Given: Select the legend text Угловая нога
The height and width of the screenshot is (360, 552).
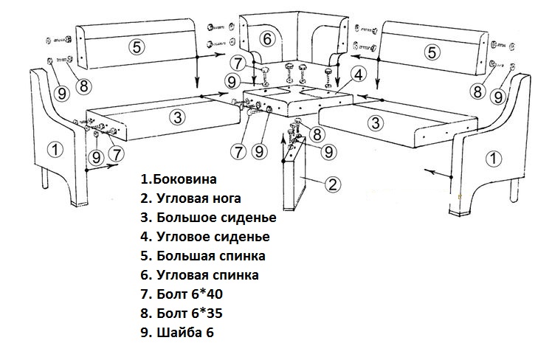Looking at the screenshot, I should pos(199,198).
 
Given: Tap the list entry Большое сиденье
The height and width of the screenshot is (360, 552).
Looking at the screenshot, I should pos(216,218).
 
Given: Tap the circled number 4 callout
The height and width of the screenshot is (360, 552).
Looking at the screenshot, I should pos(357,75).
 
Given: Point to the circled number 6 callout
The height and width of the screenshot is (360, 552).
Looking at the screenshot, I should pos(268,38).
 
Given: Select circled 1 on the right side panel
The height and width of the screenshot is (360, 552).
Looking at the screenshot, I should pos(492,157).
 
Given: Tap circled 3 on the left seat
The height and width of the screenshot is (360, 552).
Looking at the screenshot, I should pos(175,116).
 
